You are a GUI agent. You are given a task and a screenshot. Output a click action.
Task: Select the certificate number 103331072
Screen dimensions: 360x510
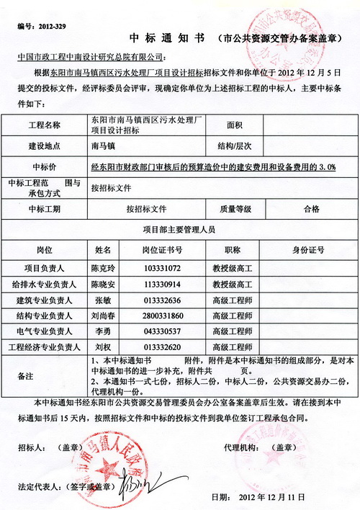click(x=162, y=268)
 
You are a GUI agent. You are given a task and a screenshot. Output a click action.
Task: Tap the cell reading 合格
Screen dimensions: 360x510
click(x=311, y=209)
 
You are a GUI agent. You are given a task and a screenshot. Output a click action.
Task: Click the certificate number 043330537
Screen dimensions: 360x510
click(x=162, y=332)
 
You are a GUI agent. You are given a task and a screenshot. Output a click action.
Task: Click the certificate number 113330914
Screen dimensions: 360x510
click(x=162, y=285)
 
